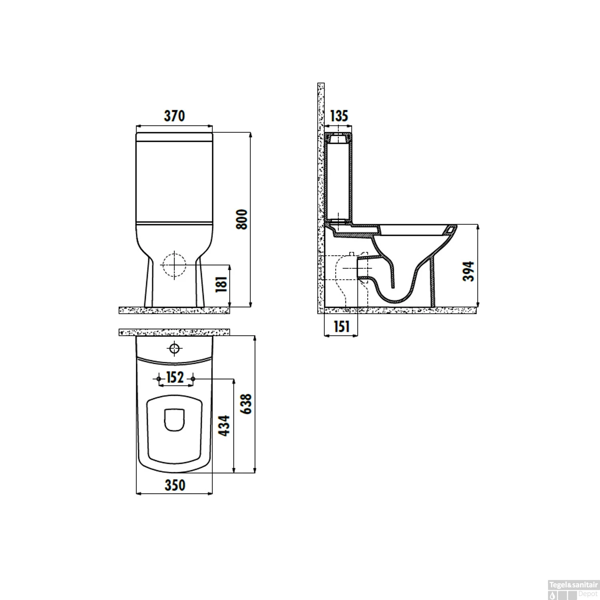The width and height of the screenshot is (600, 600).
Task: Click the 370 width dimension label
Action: [x=174, y=116]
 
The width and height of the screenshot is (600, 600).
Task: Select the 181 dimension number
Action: [x=221, y=284]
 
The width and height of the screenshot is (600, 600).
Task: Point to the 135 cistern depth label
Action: [x=339, y=116]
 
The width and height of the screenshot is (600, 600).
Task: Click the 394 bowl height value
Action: [x=468, y=271]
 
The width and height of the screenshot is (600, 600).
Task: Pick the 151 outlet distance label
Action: [x=341, y=327]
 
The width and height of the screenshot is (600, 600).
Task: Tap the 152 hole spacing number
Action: [x=175, y=377]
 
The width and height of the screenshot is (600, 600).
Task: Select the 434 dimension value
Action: [x=224, y=425]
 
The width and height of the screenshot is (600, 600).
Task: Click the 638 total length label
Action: [x=246, y=404]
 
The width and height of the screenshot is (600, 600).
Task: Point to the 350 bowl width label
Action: [x=175, y=485]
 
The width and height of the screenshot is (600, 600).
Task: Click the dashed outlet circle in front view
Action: [x=174, y=265]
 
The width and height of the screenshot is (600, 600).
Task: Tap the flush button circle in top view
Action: [x=175, y=348]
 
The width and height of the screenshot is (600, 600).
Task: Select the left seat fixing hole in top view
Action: [x=159, y=378]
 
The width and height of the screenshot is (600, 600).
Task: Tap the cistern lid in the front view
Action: [x=174, y=137]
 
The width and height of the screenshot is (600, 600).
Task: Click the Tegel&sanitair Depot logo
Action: [x=573, y=590]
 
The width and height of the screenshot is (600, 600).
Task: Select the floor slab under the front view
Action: [x=174, y=310]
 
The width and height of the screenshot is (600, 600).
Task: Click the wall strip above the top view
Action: [x=174, y=332]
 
